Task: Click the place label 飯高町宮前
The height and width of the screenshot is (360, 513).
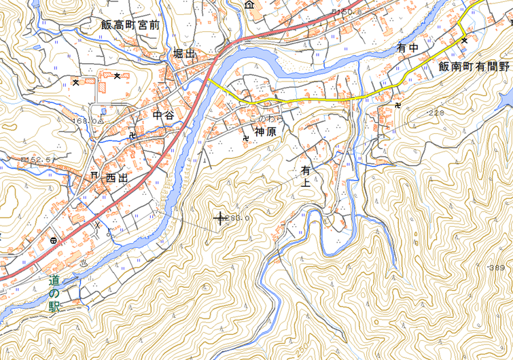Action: (130, 24)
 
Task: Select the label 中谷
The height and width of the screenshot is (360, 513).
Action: (164, 115)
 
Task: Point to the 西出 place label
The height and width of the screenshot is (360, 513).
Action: (116, 178)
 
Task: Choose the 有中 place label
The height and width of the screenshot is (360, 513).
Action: (408, 48)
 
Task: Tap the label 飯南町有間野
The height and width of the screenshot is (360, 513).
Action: (474, 66)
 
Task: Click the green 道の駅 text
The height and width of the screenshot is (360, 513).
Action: (54, 293)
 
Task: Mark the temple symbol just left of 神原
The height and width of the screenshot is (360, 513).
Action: (245, 138)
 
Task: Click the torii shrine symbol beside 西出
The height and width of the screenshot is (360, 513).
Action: (94, 175)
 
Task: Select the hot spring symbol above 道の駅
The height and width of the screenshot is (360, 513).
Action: (84, 262)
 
